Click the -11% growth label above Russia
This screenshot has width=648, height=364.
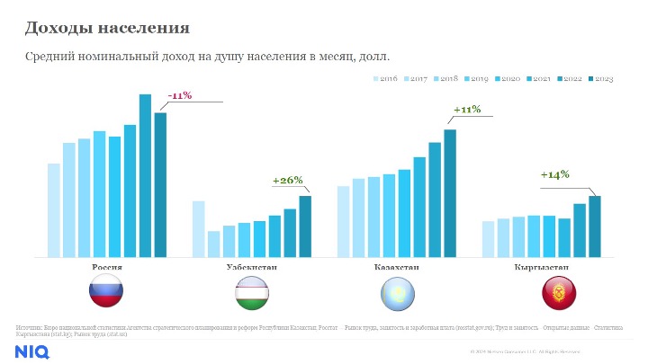(x=180, y=95)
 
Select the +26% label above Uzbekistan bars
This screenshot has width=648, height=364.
(x=288, y=180)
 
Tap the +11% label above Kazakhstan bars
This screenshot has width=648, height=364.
(x=467, y=110)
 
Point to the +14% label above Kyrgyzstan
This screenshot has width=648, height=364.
(x=554, y=174)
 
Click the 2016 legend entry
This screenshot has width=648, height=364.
(x=385, y=80)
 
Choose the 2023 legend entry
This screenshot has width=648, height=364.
(x=600, y=80)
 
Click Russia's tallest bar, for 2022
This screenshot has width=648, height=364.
(x=145, y=175)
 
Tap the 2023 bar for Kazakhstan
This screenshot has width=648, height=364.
(x=450, y=193)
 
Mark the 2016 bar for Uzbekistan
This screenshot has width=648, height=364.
(x=199, y=229)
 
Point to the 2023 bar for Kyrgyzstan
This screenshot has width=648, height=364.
(x=595, y=226)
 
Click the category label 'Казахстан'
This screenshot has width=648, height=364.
(x=396, y=267)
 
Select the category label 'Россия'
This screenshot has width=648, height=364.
(x=108, y=267)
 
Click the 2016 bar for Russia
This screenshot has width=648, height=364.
(x=53, y=210)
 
